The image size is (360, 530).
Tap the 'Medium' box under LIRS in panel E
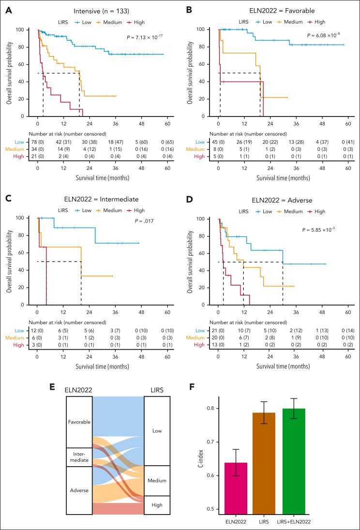tap(157, 481)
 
